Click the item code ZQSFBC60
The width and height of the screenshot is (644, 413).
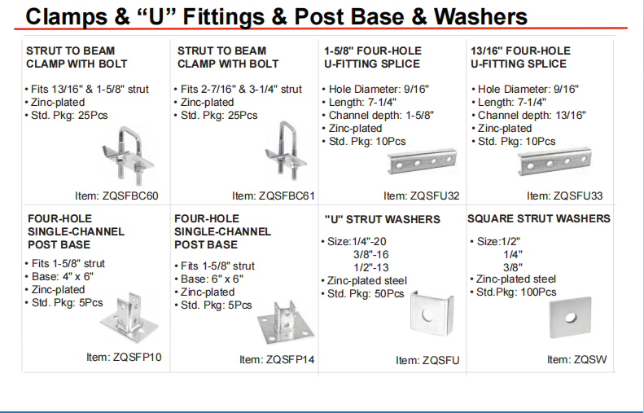130,196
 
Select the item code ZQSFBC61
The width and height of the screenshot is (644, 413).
287,196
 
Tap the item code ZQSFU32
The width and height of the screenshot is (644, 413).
435,196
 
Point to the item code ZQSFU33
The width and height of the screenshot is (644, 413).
578,196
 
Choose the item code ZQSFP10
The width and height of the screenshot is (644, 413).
137,357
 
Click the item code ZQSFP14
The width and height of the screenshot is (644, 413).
290,359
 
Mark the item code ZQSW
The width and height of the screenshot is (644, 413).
590,359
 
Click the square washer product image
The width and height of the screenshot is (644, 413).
570,317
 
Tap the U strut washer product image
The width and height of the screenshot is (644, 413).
432,314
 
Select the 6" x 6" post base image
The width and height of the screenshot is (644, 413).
286,323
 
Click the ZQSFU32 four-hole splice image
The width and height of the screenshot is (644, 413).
422,161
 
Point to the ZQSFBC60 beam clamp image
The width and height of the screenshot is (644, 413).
127,153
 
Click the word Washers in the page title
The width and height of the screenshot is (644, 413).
480,16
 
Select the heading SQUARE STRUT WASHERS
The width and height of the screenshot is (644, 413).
538,218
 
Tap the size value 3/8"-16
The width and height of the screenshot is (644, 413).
371,254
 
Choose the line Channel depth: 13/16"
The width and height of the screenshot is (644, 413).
532,115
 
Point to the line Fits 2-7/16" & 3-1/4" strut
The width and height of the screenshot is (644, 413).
241,89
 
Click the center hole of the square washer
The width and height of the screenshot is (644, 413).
571,317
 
